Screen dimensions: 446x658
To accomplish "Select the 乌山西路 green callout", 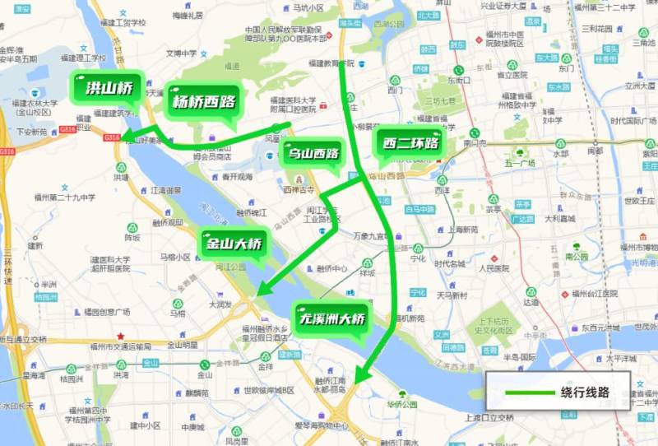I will [313, 154].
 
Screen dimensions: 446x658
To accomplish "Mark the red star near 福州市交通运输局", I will [122, 336].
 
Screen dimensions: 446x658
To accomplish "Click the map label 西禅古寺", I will [299, 190].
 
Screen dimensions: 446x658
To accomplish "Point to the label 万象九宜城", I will [370, 236].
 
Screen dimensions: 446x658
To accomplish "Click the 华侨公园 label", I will [403, 405].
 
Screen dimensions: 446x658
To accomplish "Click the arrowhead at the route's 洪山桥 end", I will [129, 140].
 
